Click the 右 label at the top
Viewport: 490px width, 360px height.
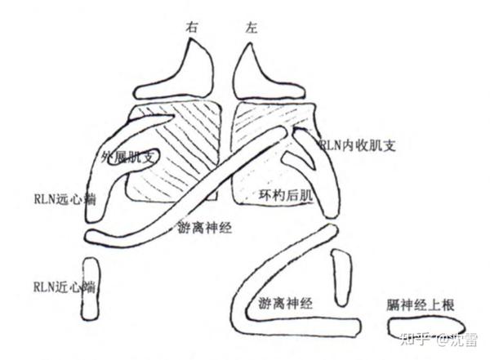pos(193,28)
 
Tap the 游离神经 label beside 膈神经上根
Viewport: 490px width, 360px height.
pos(286,303)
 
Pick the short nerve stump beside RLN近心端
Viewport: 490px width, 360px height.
pos(91,290)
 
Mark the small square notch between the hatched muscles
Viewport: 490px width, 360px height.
pos(212,197)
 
